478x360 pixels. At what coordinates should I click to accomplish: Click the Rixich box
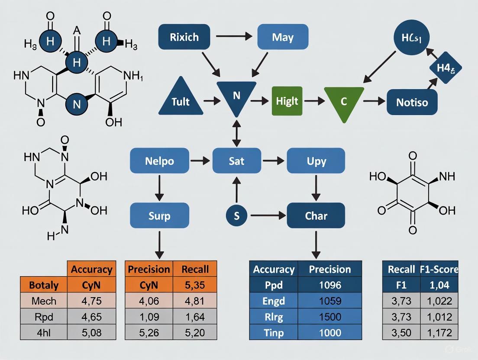pyautogui.click(x=184, y=37)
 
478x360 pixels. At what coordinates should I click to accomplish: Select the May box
pyautogui.click(x=283, y=37)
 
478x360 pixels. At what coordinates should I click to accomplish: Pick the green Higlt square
pyautogui.click(x=287, y=101)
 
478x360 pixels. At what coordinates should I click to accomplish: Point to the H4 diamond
pyautogui.click(x=446, y=68)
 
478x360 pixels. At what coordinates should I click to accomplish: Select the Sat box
pyautogui.click(x=236, y=161)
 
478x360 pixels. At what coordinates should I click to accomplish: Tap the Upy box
pyautogui.click(x=316, y=161)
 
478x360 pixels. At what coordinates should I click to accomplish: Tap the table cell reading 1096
pyautogui.click(x=329, y=285)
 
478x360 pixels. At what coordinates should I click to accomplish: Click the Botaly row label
pyautogui.click(x=44, y=285)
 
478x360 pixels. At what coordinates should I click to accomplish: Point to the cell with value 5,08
pyautogui.click(x=91, y=333)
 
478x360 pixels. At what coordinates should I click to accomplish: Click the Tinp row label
pyautogui.click(x=274, y=333)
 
